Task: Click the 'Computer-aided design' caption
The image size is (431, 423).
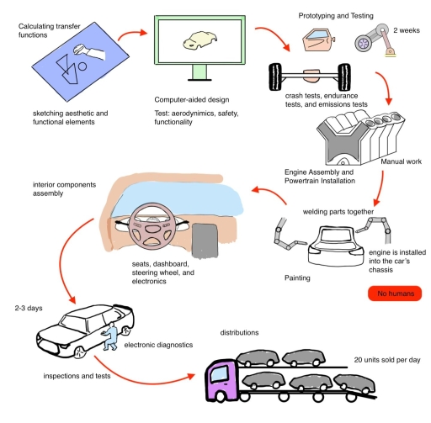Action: tap(192, 100)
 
